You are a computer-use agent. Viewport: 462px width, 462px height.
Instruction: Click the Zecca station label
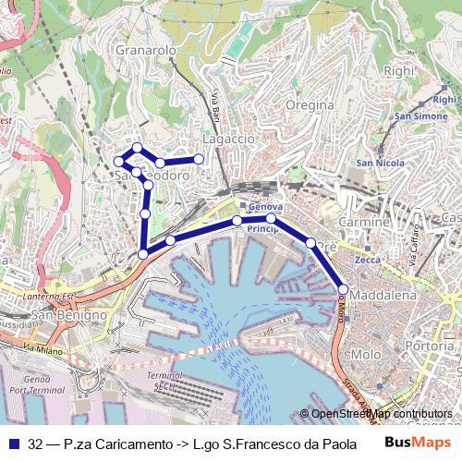(x=367, y=261)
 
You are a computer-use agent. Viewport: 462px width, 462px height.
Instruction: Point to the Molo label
(x=366, y=354)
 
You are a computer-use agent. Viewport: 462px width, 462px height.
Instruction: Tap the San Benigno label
(x=58, y=315)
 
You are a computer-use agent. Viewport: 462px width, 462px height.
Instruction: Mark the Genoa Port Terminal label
(x=29, y=385)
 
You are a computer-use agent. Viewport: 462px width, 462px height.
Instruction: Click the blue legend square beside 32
(x=13, y=443)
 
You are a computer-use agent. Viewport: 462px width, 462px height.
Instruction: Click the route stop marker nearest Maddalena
(x=343, y=288)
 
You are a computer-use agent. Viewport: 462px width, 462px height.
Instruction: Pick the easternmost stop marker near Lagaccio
(x=199, y=160)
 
